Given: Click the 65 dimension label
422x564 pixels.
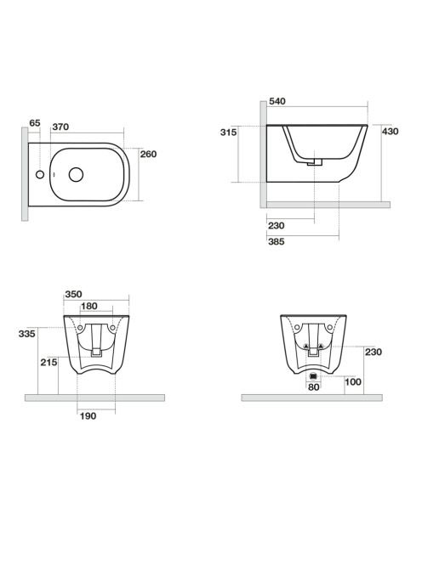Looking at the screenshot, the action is pos(35,123).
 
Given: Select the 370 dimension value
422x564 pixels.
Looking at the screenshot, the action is pos(60,127).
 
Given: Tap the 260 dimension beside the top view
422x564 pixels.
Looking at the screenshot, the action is pos(149,155).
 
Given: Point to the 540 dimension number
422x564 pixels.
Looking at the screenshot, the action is pos(277,101).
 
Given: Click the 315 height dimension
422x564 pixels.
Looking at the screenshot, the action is pos(229,133).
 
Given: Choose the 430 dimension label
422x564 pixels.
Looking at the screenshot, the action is pos(391,132).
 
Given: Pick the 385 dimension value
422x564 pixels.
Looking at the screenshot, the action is pos(277,242).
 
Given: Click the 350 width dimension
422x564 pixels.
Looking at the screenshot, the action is pos(73,294).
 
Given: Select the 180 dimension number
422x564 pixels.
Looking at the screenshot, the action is pos(89,306).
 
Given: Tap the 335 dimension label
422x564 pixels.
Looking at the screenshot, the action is pos(27,334).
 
